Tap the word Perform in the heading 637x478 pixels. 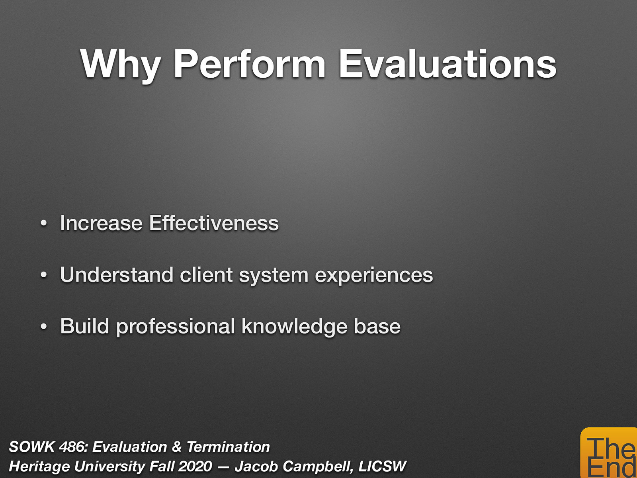[249, 65]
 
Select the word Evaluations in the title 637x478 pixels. [447, 65]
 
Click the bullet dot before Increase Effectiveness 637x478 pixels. [44, 223]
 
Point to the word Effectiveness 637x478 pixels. [214, 223]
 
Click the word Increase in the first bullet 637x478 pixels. [101, 223]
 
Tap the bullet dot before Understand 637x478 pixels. [44, 275]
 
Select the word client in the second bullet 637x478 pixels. [206, 275]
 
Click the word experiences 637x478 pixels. [373, 275]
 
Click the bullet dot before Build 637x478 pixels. [44, 327]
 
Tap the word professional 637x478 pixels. [175, 327]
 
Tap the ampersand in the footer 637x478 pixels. [176, 447]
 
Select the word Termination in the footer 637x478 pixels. [228, 447]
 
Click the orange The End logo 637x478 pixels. [609, 454]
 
